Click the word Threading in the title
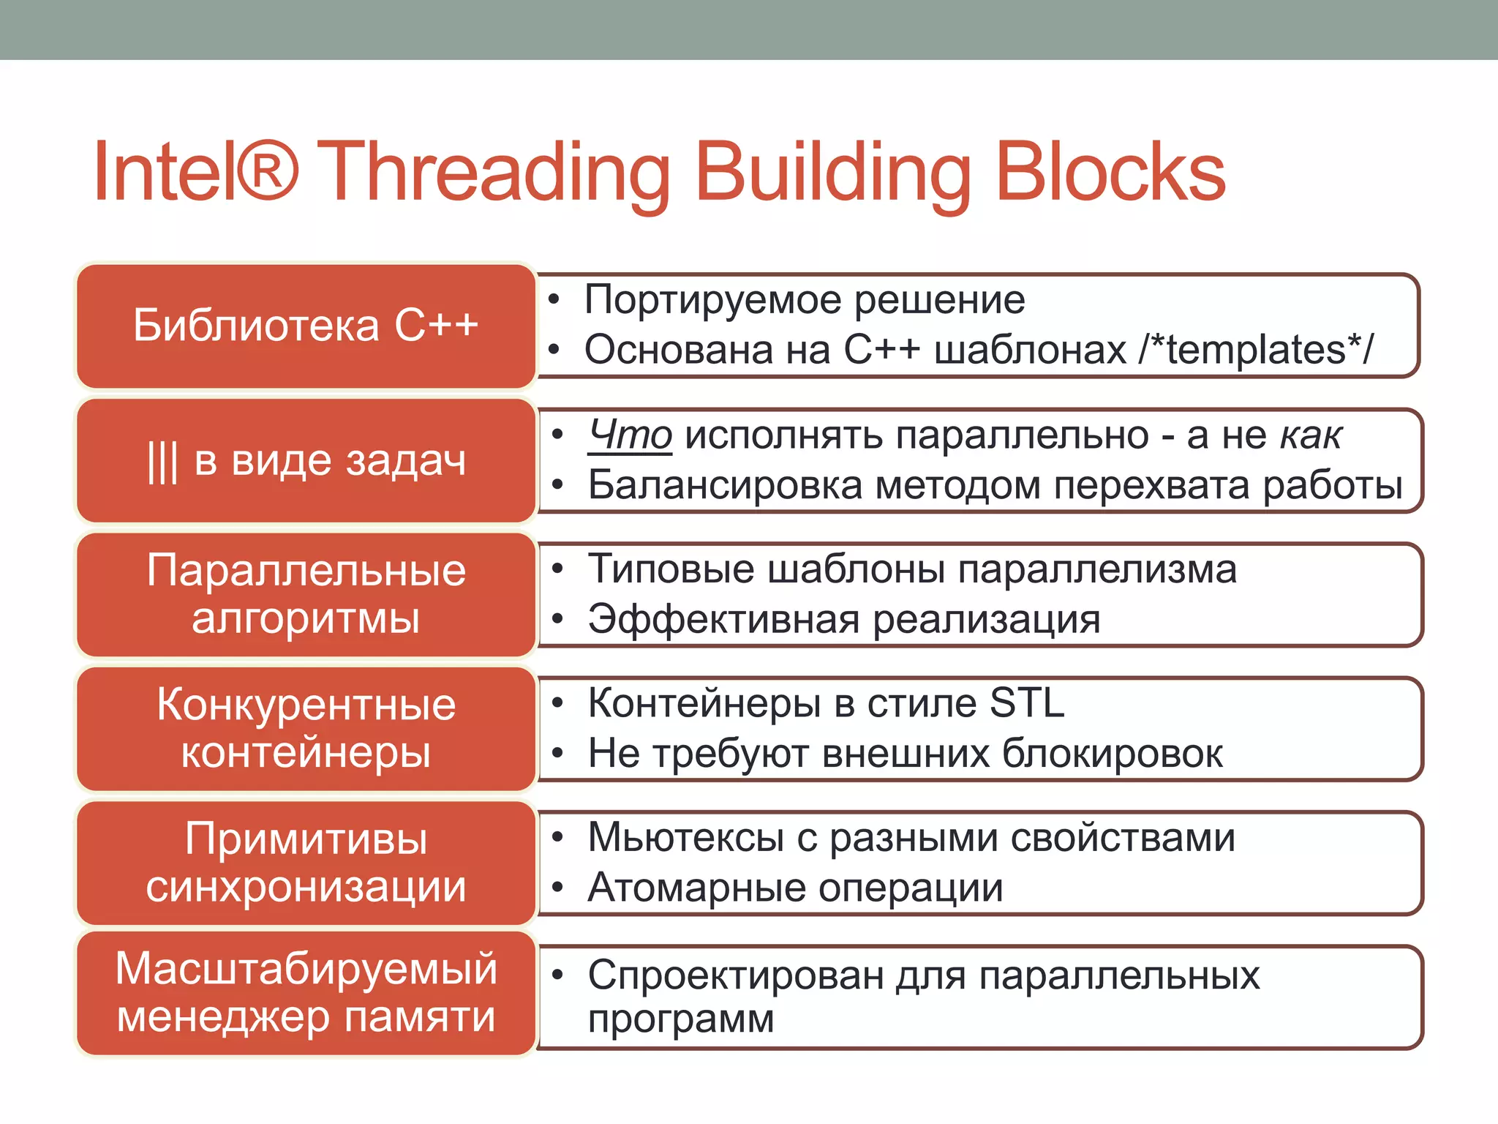click(494, 173)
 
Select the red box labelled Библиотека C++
click(306, 326)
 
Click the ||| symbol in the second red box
click(162, 462)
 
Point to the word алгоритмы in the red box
click(306, 618)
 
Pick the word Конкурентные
click(306, 705)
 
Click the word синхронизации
click(306, 887)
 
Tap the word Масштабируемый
click(306, 969)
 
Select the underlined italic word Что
click(630, 435)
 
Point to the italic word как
click(1311, 435)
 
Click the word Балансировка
click(725, 485)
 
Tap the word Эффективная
click(723, 620)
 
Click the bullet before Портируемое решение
click(554, 300)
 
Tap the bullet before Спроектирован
click(558, 975)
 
